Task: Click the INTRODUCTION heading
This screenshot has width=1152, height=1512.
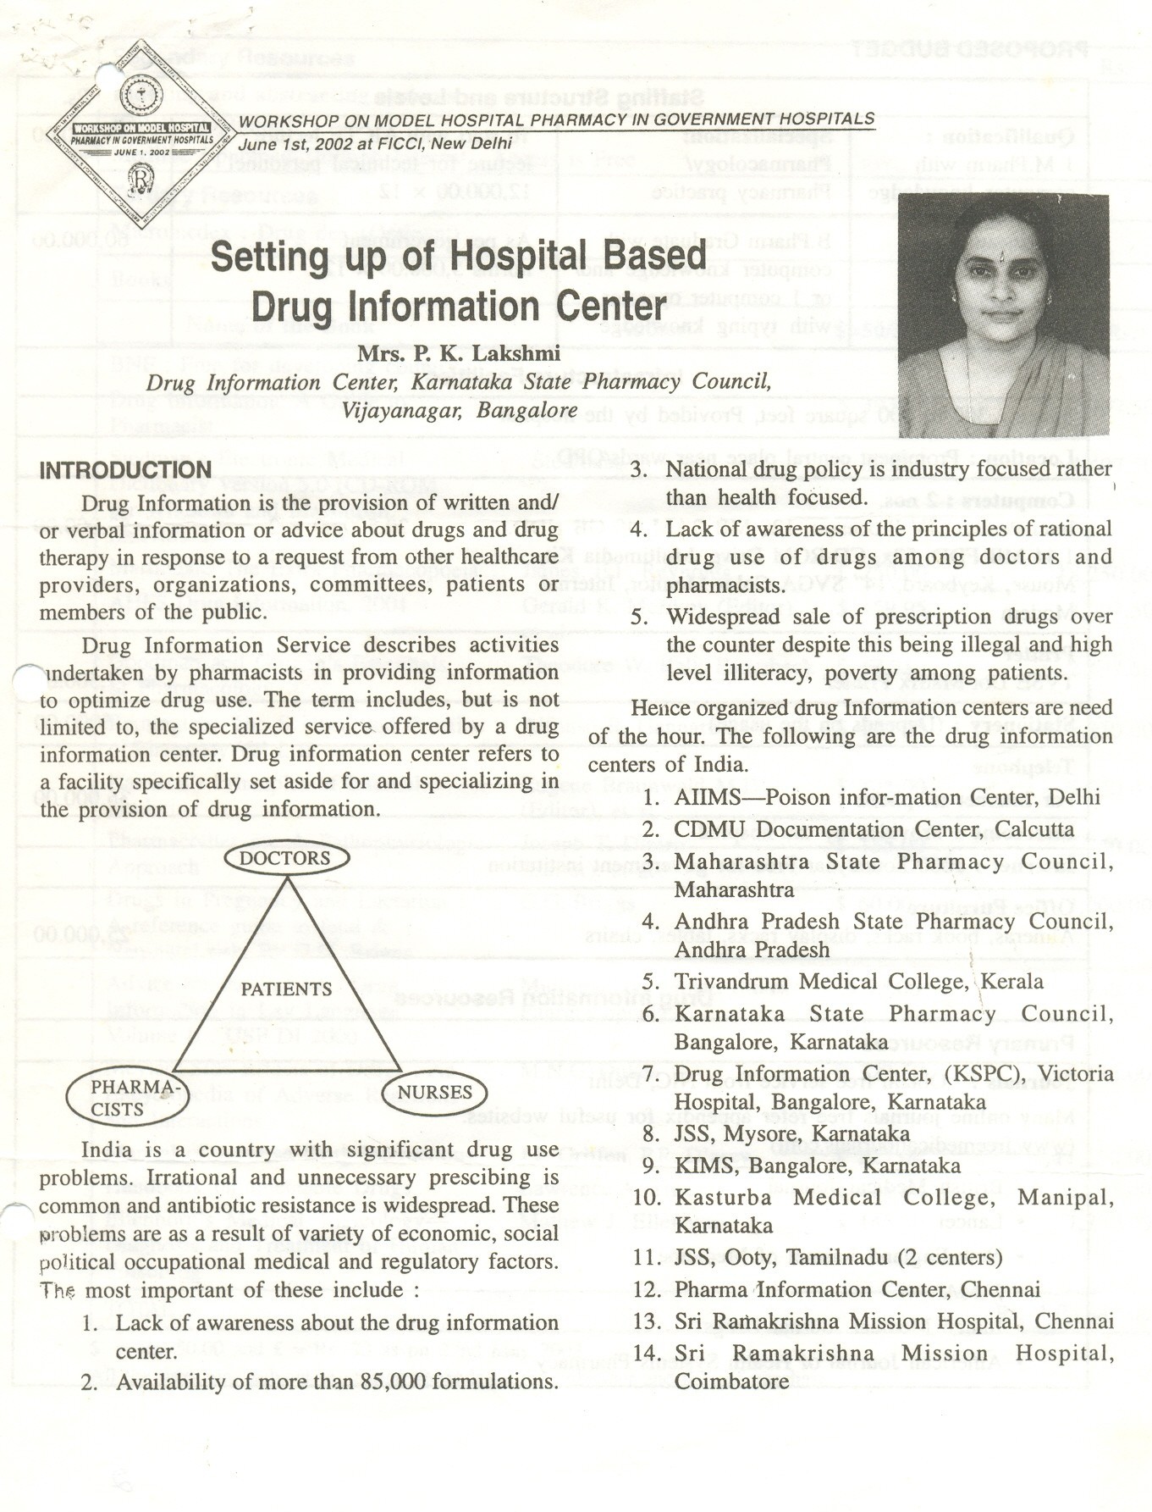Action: coord(125,470)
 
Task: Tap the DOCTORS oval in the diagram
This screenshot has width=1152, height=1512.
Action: coord(286,858)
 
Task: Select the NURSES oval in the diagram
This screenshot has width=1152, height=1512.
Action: coord(435,1093)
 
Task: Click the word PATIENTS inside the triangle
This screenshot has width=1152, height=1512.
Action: coord(286,989)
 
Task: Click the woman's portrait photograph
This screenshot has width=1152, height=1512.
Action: coord(1002,315)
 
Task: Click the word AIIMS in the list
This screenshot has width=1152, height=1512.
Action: coord(708,798)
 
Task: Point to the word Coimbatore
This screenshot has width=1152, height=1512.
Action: coord(731,1382)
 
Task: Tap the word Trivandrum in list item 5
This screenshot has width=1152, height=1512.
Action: coord(732,982)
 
